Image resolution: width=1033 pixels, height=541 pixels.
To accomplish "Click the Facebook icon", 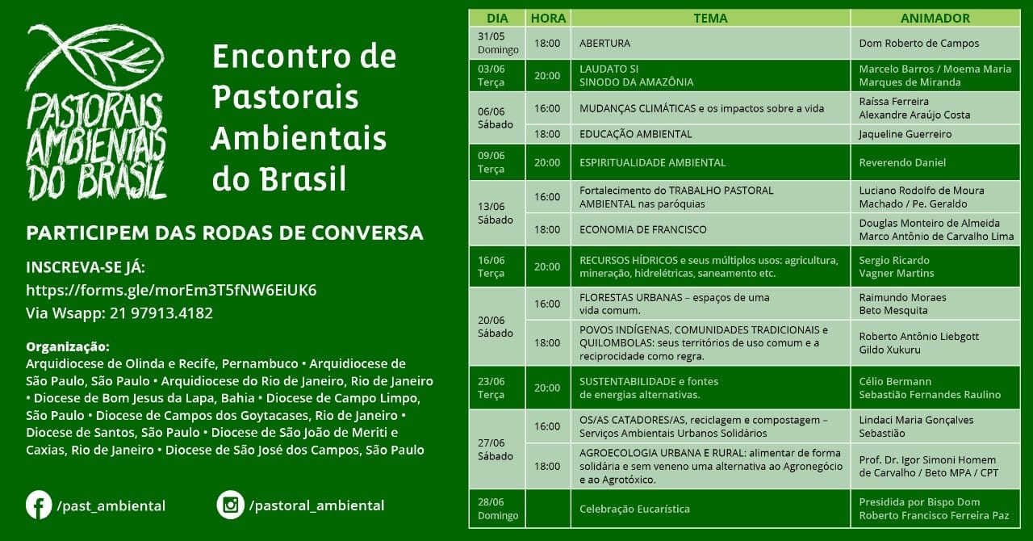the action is (x=39, y=505).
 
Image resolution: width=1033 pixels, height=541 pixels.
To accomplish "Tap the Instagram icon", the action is (x=231, y=505).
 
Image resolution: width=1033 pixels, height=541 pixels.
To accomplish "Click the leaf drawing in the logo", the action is (x=94, y=57).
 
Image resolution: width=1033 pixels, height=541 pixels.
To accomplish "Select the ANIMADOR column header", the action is (x=935, y=18).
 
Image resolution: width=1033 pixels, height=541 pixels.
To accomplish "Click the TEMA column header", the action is (x=710, y=18).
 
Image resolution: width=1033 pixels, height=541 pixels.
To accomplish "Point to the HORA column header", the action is (x=548, y=18).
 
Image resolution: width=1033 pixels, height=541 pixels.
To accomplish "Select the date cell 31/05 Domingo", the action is (x=498, y=43).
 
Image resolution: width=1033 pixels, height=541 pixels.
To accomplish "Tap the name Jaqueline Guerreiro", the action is (x=905, y=134).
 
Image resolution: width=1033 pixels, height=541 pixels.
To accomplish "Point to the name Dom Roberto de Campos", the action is (x=918, y=43).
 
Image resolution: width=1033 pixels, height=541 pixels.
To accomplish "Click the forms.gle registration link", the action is (x=171, y=291).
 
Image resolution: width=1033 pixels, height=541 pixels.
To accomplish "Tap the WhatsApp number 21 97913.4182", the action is (x=161, y=313).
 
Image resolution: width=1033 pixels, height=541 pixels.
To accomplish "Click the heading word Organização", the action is (x=67, y=347).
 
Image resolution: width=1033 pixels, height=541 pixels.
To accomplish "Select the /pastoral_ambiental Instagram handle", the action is (x=316, y=505).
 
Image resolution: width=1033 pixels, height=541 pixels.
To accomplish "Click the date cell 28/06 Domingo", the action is (x=498, y=509).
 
